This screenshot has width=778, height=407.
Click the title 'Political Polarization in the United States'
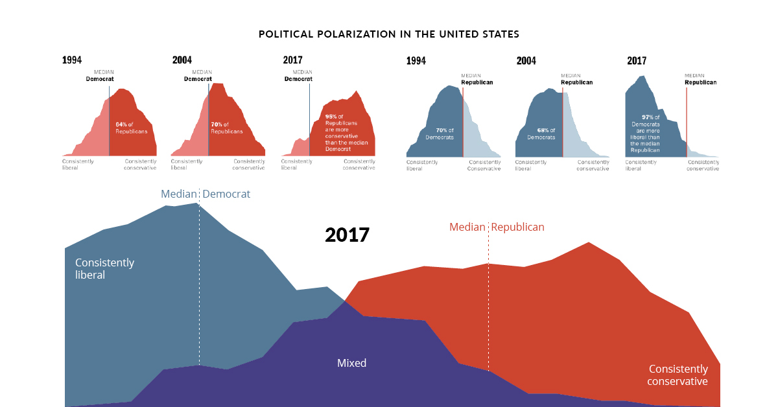388,34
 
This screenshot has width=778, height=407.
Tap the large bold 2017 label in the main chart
347,235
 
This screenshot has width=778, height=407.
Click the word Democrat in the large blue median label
226,194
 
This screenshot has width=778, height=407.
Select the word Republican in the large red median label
517,227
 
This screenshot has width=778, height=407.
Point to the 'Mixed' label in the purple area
351,363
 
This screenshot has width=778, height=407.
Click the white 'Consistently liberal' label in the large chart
104,268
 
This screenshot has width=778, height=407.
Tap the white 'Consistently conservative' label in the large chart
677,375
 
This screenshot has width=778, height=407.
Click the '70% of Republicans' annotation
226,128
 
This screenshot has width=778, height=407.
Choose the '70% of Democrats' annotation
440,134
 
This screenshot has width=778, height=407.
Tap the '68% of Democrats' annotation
541,134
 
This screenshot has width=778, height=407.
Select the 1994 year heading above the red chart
72,60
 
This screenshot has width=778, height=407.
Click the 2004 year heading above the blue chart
526,61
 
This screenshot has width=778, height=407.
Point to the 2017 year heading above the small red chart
292,60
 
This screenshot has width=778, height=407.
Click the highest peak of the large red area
589,244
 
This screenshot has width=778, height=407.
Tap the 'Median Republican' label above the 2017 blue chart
700,79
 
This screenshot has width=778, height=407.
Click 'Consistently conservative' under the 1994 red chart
140,165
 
